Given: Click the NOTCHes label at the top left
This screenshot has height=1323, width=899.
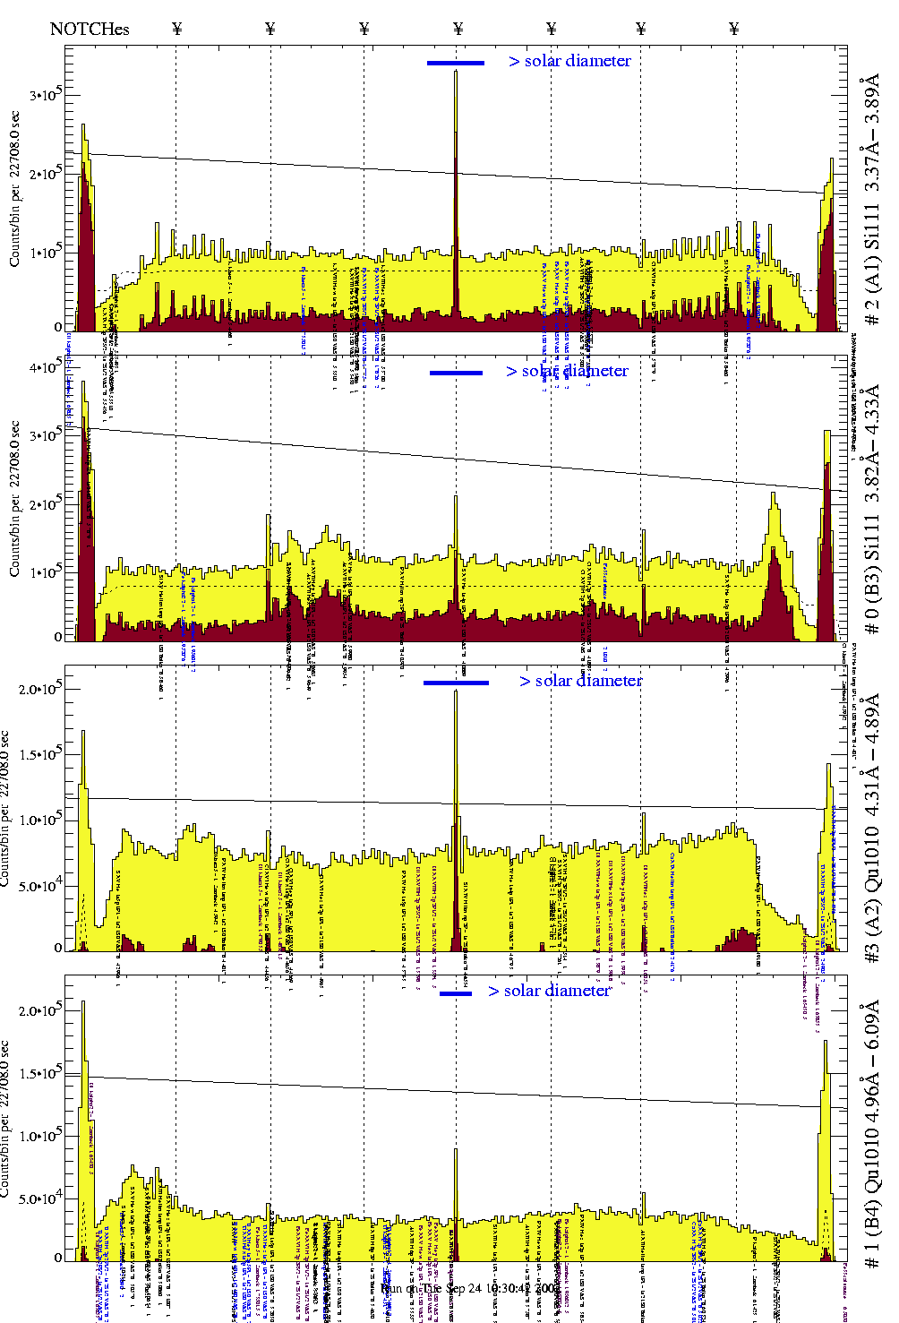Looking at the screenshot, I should [x=90, y=29].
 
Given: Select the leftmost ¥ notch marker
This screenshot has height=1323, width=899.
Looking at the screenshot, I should [x=176, y=29].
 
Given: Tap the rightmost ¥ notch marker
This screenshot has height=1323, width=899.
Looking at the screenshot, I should [x=734, y=29].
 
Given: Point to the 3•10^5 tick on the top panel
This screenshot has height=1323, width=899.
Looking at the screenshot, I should [x=43, y=95].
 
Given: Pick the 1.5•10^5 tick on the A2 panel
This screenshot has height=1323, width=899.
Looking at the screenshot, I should [x=41, y=754].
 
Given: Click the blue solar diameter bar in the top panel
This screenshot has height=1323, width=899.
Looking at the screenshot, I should [x=455, y=63].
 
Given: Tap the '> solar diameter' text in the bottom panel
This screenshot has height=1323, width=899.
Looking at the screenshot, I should [x=550, y=991].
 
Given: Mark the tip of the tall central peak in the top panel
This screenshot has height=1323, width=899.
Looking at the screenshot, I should [x=456, y=72].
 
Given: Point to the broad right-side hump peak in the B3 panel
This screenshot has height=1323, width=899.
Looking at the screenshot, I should [x=773, y=494].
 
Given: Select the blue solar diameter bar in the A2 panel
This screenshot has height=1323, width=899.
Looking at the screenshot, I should [x=456, y=683].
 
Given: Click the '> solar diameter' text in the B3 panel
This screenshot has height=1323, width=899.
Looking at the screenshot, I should [x=567, y=371].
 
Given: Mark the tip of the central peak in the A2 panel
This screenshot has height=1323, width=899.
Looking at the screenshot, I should [x=456, y=692].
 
